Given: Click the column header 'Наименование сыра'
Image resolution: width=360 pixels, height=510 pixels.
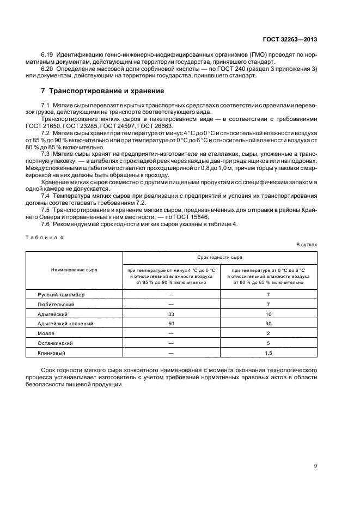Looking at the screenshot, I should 74,270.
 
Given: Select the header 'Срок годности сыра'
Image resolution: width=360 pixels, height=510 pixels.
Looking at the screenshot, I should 219,256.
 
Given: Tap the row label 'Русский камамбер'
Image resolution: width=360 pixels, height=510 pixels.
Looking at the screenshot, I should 61,294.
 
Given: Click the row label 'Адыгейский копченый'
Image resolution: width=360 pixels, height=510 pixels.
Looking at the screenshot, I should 65,324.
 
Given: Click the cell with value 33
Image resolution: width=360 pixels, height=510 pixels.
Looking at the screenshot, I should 171,314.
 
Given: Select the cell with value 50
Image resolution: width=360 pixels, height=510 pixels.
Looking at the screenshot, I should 171,324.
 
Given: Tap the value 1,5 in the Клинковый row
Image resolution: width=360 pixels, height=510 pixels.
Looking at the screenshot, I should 269,353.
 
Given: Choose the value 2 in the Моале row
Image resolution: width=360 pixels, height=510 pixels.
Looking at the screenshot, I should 269,333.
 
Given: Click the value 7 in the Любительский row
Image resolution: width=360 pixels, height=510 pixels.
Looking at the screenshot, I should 269,304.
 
